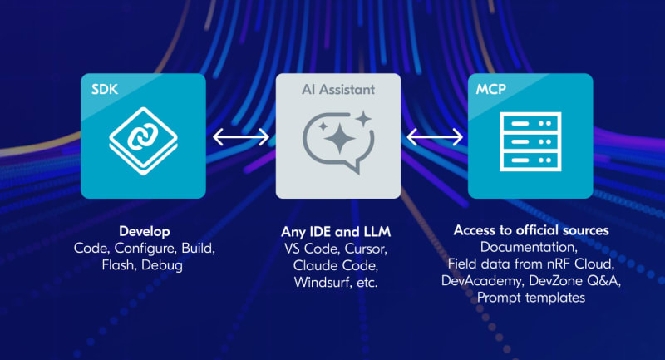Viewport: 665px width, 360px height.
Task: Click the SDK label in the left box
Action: point(105,89)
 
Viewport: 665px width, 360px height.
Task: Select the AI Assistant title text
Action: point(338,90)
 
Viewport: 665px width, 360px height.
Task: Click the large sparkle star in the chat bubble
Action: point(340,137)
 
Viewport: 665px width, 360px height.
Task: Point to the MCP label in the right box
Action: point(490,89)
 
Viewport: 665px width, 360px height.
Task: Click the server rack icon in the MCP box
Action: point(530,141)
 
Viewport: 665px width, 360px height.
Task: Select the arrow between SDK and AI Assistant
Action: point(241,137)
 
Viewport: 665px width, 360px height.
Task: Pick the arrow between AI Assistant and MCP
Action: point(435,137)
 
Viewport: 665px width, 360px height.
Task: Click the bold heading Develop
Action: point(145,231)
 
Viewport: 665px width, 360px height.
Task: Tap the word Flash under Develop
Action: point(119,265)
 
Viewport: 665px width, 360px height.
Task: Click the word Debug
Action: point(162,265)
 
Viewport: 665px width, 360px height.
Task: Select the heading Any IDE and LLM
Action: point(336,231)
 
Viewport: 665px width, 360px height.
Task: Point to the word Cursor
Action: point(366,249)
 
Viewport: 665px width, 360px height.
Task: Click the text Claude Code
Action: point(336,265)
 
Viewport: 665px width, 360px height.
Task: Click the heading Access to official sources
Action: point(531,230)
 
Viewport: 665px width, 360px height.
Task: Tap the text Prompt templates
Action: point(531,298)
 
